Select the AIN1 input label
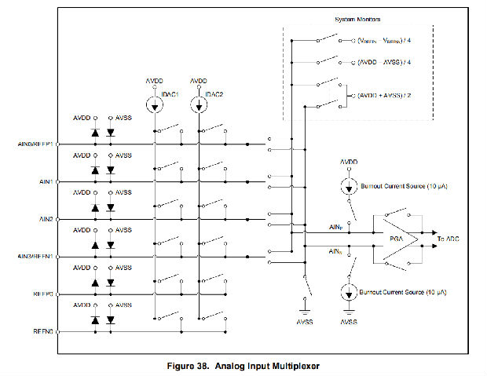click(43, 182)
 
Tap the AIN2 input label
click(43, 219)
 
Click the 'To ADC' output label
click(454, 239)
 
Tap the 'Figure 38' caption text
click(242, 364)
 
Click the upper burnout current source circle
click(348, 187)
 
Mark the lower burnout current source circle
click(348, 292)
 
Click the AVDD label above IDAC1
click(155, 81)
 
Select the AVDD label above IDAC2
click(198, 81)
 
